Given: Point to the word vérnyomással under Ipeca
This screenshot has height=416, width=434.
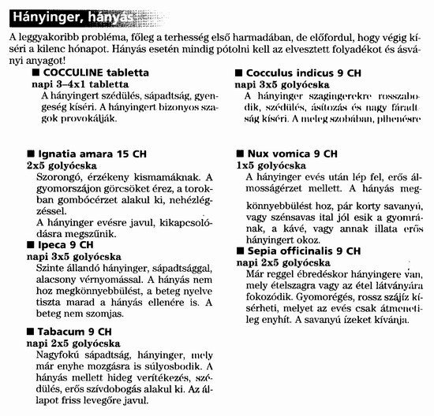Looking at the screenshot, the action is [109, 279].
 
